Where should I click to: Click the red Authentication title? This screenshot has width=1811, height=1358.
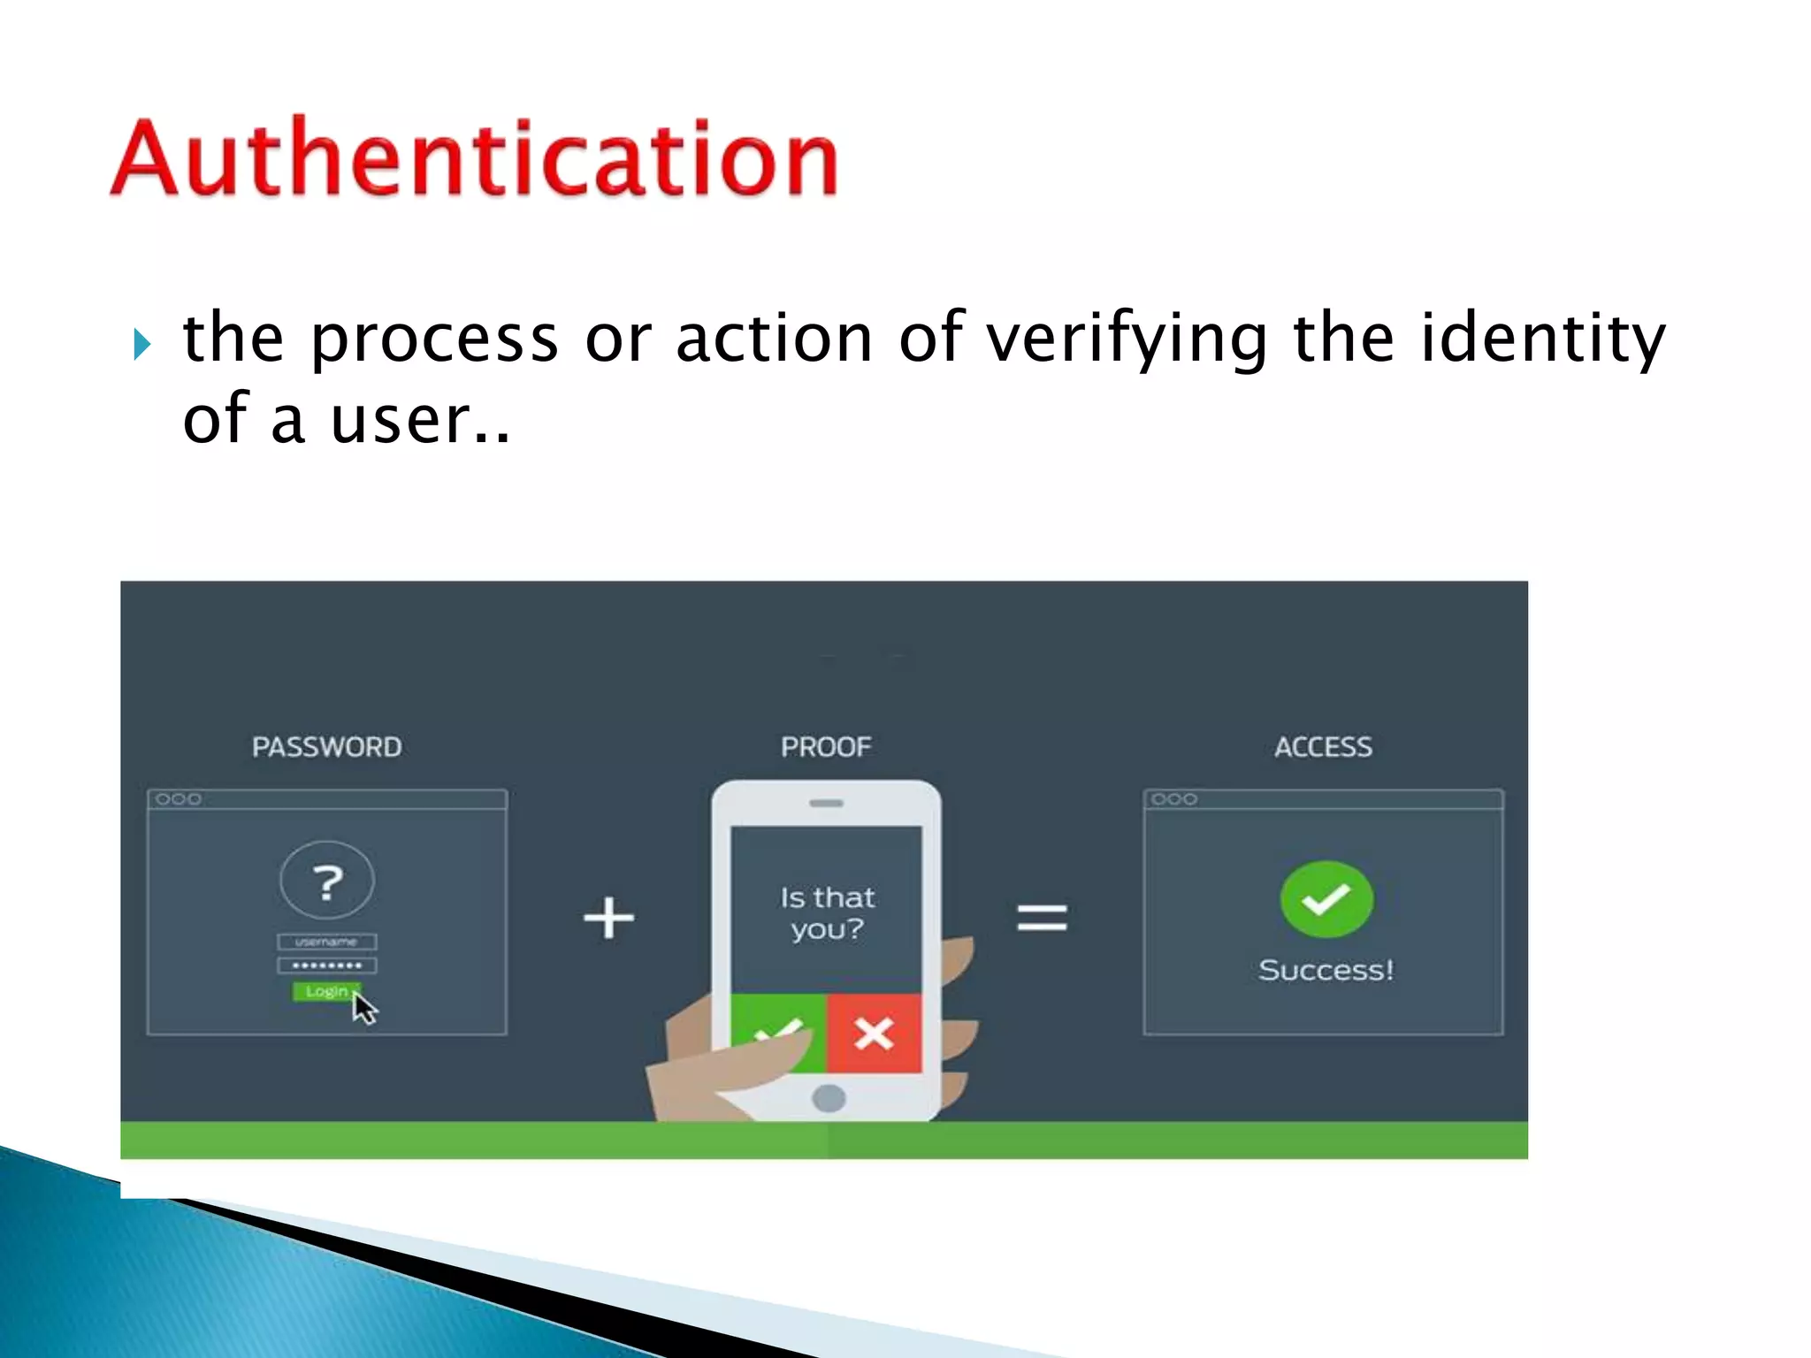[x=474, y=157]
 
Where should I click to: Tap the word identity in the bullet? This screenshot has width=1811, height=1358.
[x=1542, y=339]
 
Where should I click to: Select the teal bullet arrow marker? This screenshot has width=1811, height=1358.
[x=142, y=343]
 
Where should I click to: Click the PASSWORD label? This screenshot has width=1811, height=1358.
[x=326, y=747]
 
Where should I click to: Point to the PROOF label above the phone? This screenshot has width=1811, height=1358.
[x=826, y=747]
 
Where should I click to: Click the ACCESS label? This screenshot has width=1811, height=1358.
[x=1323, y=747]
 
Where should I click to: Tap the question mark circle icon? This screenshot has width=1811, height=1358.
[x=327, y=881]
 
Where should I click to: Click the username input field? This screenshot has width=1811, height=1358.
[x=327, y=942]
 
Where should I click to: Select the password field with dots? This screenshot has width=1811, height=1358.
[x=327, y=965]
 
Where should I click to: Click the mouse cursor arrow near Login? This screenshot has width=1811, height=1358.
[x=363, y=1008]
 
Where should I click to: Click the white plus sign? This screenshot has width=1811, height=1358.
[x=608, y=918]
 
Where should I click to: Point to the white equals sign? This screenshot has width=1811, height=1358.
[x=1042, y=918]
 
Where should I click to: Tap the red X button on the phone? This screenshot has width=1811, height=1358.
[x=874, y=1033]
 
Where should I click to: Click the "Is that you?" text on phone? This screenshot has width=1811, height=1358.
[x=827, y=913]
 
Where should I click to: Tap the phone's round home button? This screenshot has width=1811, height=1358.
[x=829, y=1098]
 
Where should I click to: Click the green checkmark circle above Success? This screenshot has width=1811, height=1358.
[x=1326, y=899]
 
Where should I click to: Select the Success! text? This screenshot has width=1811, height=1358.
[x=1326, y=970]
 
